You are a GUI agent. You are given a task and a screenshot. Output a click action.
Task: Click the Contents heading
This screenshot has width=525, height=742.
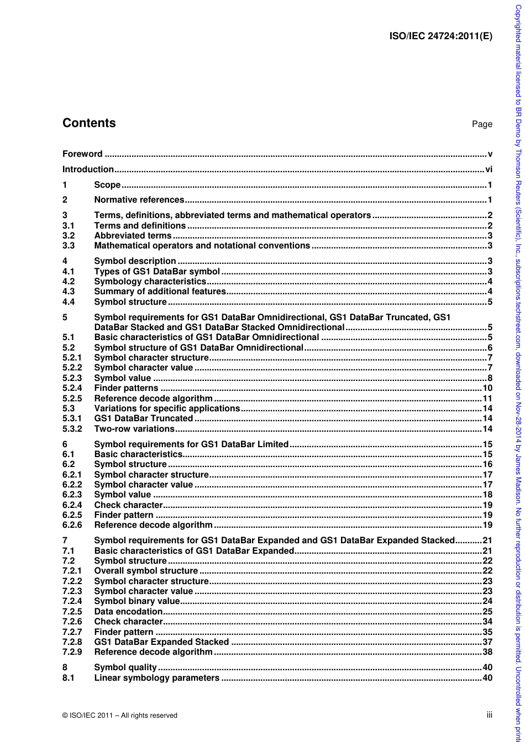click(x=89, y=123)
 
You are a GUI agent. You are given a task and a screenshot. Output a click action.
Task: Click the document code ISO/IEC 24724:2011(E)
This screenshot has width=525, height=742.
click(x=440, y=36)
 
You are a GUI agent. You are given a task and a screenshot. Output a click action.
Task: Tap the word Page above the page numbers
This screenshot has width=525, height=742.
click(x=481, y=124)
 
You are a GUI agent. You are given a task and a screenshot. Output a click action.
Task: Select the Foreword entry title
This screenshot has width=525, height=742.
click(x=82, y=154)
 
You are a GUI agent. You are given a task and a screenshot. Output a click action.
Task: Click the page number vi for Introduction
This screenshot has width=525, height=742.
click(x=489, y=169)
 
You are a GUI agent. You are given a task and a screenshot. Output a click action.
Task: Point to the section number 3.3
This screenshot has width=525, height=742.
click(x=69, y=246)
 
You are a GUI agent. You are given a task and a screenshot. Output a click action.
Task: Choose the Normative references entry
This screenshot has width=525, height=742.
click(x=139, y=200)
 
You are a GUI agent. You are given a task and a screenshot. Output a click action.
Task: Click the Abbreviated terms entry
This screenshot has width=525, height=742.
click(x=133, y=236)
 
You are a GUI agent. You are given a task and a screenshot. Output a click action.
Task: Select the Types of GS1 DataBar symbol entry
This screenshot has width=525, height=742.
click(x=157, y=271)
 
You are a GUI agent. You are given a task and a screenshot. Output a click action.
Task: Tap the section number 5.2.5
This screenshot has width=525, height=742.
click(x=72, y=398)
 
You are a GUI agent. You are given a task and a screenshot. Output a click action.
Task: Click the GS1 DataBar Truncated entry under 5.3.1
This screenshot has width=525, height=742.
click(x=144, y=418)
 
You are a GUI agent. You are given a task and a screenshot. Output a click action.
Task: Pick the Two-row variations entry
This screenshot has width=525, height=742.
click(x=134, y=428)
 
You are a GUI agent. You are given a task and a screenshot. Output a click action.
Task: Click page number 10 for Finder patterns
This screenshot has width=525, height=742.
click(x=487, y=388)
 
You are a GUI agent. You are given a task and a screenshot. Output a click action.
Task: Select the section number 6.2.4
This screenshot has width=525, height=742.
click(x=72, y=505)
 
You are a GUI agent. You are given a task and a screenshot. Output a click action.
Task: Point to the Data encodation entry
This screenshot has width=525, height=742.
click(x=128, y=611)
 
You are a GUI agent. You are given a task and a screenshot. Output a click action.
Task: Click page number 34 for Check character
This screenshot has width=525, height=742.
click(x=487, y=622)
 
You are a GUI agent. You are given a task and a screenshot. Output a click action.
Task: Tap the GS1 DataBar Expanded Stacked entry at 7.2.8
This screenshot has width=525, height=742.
click(x=161, y=642)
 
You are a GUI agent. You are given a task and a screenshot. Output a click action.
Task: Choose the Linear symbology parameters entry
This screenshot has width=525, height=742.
click(x=156, y=677)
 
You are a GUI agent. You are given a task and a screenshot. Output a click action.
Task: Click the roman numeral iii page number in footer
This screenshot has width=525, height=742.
click(x=489, y=715)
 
